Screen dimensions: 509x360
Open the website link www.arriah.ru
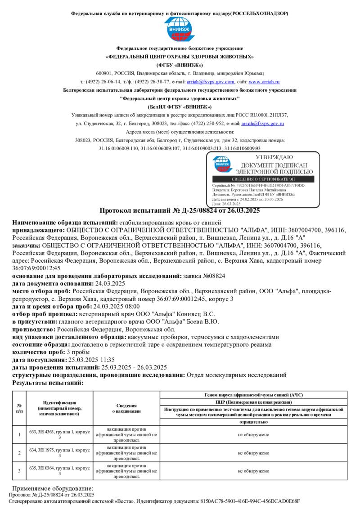[x=264, y=82]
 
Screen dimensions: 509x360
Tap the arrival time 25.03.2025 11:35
[x=91, y=360]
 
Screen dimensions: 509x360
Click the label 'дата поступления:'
[x=39, y=360]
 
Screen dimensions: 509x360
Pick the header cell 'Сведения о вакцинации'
[x=126, y=408]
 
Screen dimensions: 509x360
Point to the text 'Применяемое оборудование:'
[x=53, y=488]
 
